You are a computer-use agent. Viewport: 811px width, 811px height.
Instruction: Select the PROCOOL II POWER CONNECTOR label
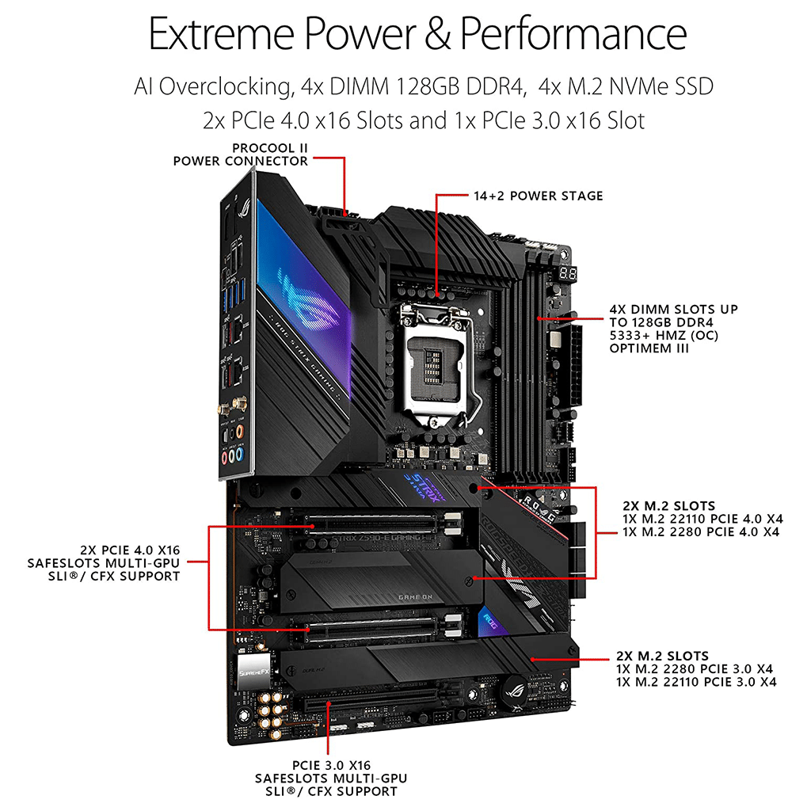241,154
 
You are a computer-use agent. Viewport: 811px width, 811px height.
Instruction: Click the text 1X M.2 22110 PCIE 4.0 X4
703,519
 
